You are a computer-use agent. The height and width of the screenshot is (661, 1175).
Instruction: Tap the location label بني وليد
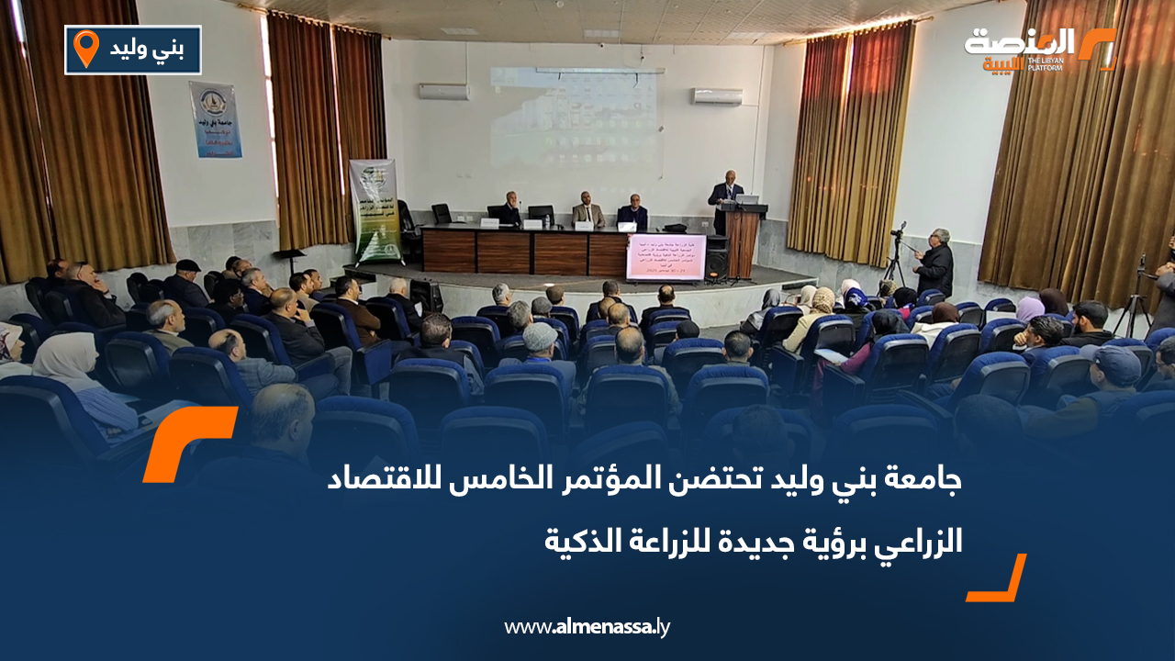coord(148,50)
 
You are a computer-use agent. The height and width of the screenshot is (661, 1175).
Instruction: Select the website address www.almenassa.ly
coord(587,627)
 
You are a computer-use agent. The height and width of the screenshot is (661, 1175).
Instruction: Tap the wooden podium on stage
coord(742,241)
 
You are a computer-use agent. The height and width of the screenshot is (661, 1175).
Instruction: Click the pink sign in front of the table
coord(666,257)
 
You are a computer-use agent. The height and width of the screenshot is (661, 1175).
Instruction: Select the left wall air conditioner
coord(444,92)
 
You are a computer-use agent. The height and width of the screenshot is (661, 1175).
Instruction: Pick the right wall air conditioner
coord(717,95)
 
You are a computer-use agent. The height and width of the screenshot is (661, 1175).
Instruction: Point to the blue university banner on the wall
coord(216,119)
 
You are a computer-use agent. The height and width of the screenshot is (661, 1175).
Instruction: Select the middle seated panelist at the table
coord(587,212)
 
